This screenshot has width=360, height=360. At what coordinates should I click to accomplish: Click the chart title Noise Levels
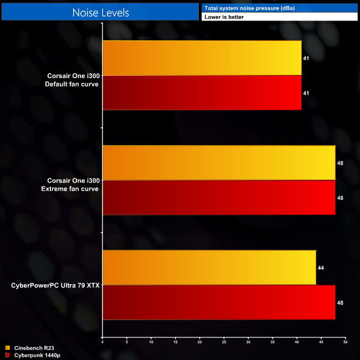(100, 12)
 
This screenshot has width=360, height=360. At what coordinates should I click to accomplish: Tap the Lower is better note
(224, 17)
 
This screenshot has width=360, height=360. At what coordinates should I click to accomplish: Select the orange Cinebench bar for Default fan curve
(202, 58)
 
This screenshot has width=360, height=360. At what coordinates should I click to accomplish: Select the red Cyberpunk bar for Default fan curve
(202, 92)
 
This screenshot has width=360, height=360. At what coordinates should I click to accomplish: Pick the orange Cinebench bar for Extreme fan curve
(219, 163)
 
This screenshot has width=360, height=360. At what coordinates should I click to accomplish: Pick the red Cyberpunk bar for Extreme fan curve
(219, 197)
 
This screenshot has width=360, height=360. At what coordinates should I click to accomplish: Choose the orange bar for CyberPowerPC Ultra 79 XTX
(209, 268)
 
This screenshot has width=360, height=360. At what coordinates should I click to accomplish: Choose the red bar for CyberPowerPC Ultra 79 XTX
(219, 302)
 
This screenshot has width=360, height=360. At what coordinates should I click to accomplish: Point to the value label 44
(321, 268)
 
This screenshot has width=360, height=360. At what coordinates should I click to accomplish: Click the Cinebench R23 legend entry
(33, 347)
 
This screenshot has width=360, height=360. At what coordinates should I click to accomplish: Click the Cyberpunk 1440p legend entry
(35, 354)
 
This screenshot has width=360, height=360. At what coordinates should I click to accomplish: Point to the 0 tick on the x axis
(102, 342)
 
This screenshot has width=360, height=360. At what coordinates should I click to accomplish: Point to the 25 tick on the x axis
(224, 342)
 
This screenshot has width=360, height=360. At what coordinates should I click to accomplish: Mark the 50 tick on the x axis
(345, 342)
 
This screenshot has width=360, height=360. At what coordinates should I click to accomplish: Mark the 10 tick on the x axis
(151, 342)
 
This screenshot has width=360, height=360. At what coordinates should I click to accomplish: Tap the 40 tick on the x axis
(297, 342)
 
